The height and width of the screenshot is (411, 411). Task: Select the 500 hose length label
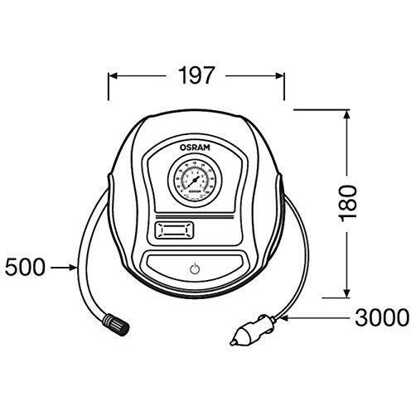click(x=26, y=268)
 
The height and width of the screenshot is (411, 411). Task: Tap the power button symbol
click(x=193, y=269)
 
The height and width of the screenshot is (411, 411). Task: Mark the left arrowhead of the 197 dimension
click(x=114, y=76)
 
